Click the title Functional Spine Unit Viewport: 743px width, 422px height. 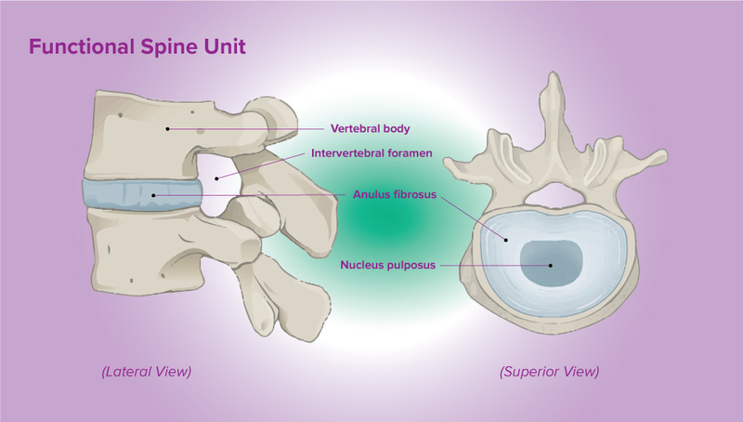[137, 46]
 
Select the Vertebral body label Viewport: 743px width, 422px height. [371, 128]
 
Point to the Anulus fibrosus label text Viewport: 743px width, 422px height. [395, 195]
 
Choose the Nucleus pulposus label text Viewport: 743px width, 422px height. [385, 264]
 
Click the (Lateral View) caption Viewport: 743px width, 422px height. [146, 372]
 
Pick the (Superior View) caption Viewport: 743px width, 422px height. [549, 372]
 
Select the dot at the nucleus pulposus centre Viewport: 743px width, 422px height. [550, 265]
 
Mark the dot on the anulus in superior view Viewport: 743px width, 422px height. [506, 240]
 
